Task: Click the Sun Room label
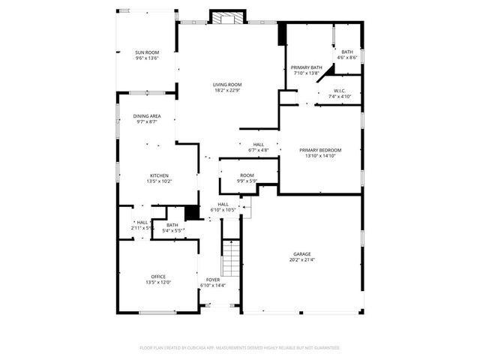pyautogui.click(x=147, y=52)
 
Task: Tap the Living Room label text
pyautogui.click(x=227, y=85)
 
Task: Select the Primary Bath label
pyautogui.click(x=307, y=67)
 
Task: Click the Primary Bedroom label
pyautogui.click(x=320, y=149)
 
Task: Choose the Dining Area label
pyautogui.click(x=147, y=116)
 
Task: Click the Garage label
pyautogui.click(x=302, y=254)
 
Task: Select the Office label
pyautogui.click(x=157, y=277)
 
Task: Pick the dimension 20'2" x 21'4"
pyautogui.click(x=302, y=260)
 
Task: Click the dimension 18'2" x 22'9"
pyautogui.click(x=227, y=91)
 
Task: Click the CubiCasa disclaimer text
pyautogui.click(x=240, y=348)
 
